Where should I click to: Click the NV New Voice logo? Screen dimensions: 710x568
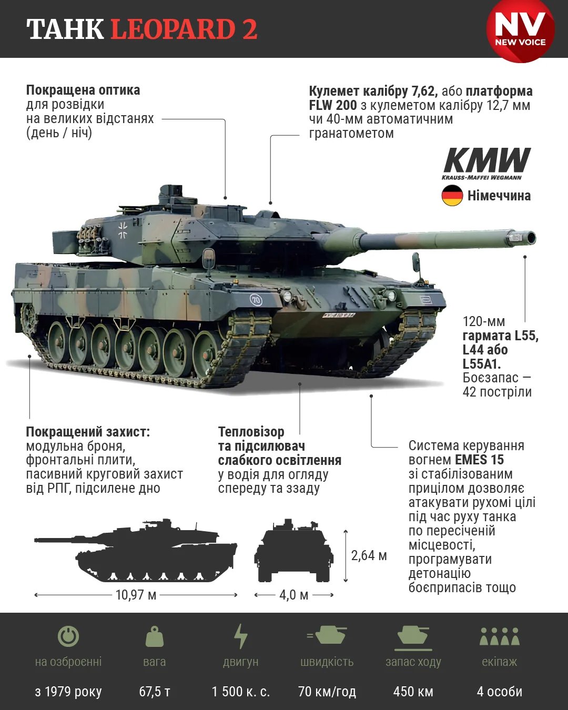coord(520,31)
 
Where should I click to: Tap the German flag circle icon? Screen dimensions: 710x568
coord(452,196)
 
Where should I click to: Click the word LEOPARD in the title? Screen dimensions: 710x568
coord(173,29)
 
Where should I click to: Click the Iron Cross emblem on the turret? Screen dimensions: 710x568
coord(123,230)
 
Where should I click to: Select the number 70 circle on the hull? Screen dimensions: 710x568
coord(256,300)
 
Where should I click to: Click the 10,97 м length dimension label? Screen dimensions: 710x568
coord(136,595)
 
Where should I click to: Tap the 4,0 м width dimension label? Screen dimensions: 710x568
coord(293,595)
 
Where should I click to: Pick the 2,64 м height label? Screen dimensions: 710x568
coord(369,555)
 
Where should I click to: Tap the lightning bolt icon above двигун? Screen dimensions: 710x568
coord(240,636)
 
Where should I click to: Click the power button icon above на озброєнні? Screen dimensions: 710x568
coord(68,636)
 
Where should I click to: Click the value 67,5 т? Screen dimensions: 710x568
coord(154,691)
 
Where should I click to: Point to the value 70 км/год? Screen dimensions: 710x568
coord(327,691)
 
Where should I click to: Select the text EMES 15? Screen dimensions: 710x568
coord(479,460)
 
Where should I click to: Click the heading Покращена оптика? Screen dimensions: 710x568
coord(83,90)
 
